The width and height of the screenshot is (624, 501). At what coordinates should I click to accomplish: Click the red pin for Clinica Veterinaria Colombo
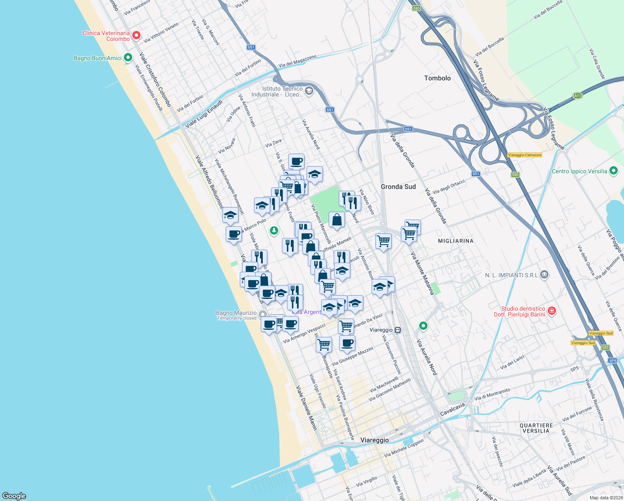click(136, 35)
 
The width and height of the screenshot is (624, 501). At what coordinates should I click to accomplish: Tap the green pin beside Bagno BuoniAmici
click(128, 58)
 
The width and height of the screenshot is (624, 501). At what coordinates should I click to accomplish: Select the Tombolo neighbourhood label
click(437, 78)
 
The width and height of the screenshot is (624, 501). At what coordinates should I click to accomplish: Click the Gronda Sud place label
click(398, 187)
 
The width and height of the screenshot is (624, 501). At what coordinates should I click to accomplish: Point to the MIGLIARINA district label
click(455, 241)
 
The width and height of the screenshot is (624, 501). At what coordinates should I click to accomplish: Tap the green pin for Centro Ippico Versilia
click(613, 171)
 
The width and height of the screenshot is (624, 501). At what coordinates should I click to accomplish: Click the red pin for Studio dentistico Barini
click(551, 311)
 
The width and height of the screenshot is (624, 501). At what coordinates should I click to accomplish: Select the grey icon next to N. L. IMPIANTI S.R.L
click(544, 275)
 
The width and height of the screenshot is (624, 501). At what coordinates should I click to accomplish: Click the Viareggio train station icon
click(398, 330)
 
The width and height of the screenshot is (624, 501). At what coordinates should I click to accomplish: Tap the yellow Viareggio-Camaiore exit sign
click(524, 155)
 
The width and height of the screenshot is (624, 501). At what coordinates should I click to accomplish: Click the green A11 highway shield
click(577, 96)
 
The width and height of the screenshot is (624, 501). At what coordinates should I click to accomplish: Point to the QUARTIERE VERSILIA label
click(536, 428)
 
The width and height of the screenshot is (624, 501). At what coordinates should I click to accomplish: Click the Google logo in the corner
click(14, 496)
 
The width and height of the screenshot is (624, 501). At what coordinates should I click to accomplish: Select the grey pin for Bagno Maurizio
click(263, 314)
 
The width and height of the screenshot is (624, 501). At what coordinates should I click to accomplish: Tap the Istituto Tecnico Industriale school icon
click(309, 91)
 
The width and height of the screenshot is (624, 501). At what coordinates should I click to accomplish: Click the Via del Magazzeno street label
click(297, 61)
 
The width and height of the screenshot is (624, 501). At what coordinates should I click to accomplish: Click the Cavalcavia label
click(452, 409)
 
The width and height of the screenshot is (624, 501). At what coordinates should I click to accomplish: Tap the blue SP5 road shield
click(612, 360)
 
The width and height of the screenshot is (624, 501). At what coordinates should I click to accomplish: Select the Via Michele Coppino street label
click(403, 448)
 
